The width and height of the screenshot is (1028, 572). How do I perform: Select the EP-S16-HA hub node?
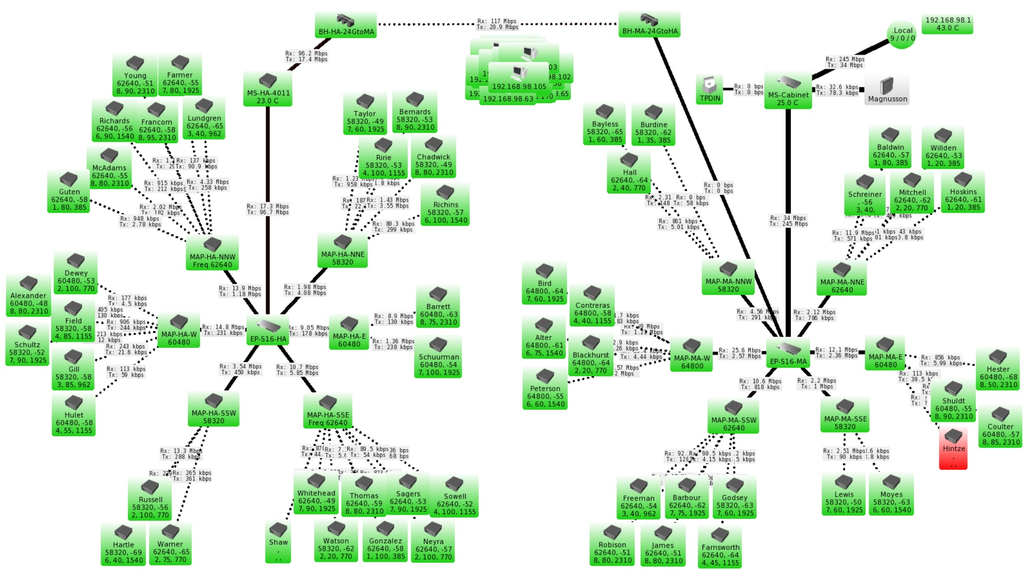tap(268, 331)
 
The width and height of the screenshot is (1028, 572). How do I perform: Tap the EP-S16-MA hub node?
tap(788, 354)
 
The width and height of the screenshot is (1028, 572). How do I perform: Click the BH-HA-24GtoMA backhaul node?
tap(346, 26)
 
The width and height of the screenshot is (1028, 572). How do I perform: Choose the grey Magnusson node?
tap(887, 90)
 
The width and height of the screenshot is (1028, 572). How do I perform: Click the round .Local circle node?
tap(902, 35)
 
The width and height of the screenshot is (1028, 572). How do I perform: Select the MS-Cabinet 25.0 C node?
tap(788, 91)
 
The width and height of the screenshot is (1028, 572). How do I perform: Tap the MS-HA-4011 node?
tap(268, 89)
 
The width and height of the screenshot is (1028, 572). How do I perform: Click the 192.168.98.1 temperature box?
tap(948, 24)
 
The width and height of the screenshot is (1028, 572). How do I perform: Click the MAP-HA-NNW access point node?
tap(212, 253)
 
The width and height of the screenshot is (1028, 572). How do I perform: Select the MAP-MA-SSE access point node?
tap(844, 415)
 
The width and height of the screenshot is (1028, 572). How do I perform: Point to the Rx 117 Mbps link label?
tap(497, 24)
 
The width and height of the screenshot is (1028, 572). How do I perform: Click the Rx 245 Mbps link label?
tap(844, 62)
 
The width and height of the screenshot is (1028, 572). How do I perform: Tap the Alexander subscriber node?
tap(28, 295)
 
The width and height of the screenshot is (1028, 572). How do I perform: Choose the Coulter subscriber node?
tap(1000, 426)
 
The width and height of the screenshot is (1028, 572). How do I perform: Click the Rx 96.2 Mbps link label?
tap(306, 56)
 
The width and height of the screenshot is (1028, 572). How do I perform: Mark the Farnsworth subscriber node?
tap(720, 547)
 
